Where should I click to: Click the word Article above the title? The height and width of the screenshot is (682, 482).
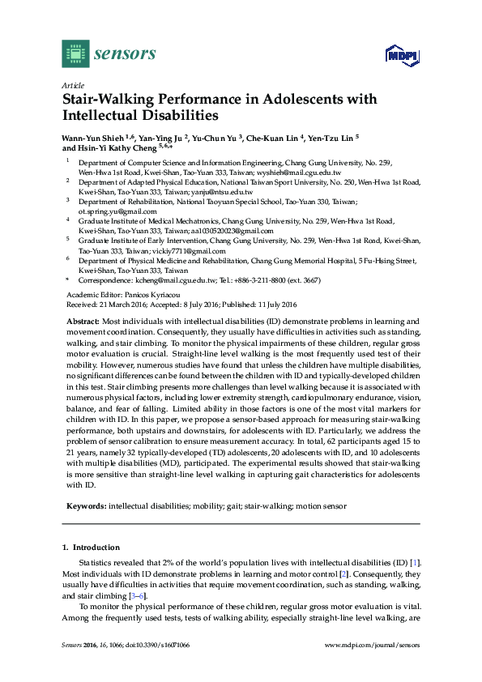70,84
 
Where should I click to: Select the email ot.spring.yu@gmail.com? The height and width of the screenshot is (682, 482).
113,211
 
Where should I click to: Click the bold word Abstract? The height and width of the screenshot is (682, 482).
83,322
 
